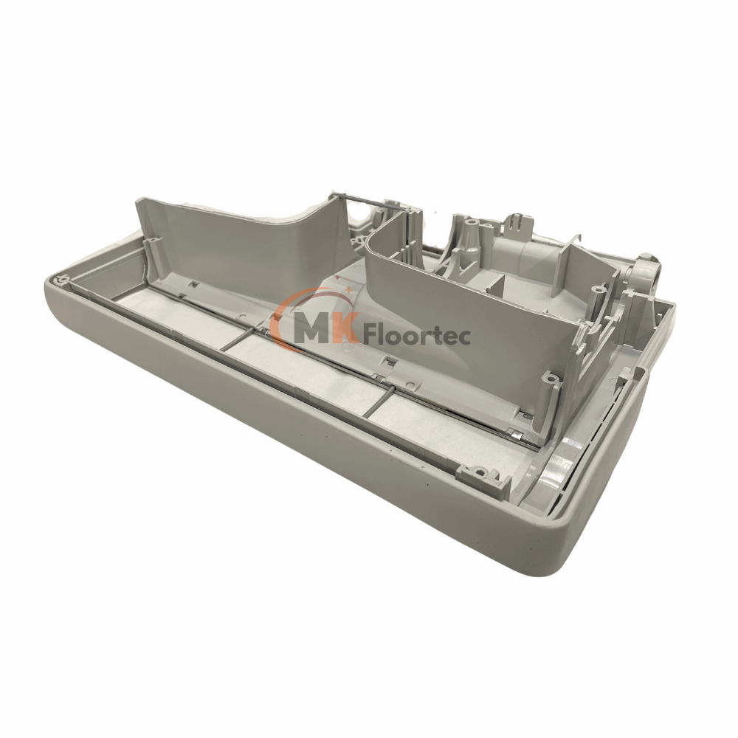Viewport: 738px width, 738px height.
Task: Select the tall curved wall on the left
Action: (x=236, y=236)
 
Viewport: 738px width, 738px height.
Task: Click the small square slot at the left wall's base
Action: (x=193, y=283)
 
